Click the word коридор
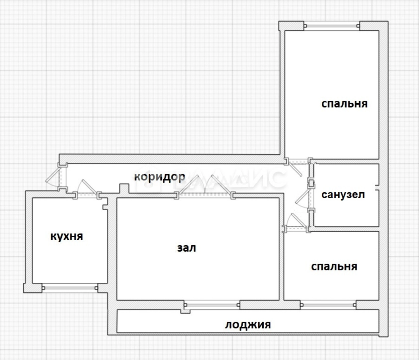click(x=159, y=177)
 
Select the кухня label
click(x=66, y=236)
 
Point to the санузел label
click(x=343, y=195)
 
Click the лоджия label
click(x=248, y=324)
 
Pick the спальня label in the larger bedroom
click(x=344, y=104)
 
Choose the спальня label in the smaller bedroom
click(x=334, y=266)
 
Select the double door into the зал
click(x=205, y=187)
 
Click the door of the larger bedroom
click(x=296, y=167)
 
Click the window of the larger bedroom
click(x=331, y=26)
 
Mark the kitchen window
click(x=69, y=287)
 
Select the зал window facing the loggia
click(x=212, y=305)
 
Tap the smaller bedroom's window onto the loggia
click(x=328, y=305)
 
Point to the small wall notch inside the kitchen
click(x=105, y=204)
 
